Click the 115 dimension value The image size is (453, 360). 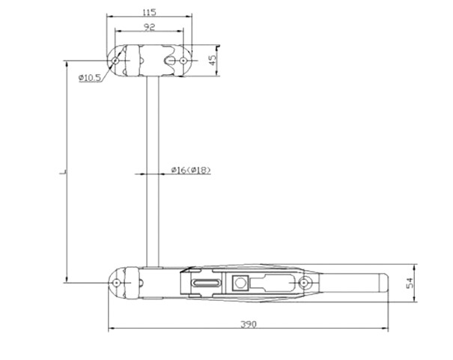[x=149, y=12]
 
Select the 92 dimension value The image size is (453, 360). [x=149, y=27]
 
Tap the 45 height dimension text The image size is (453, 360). [x=213, y=60]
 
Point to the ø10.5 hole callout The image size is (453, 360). [x=90, y=77]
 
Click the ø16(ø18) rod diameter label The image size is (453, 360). [x=191, y=170]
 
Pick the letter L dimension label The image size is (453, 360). [x=63, y=172]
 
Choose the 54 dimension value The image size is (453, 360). [x=410, y=283]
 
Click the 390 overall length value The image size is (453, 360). [x=249, y=325]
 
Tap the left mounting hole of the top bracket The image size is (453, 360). [x=115, y=61]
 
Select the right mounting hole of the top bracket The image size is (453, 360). [x=183, y=61]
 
